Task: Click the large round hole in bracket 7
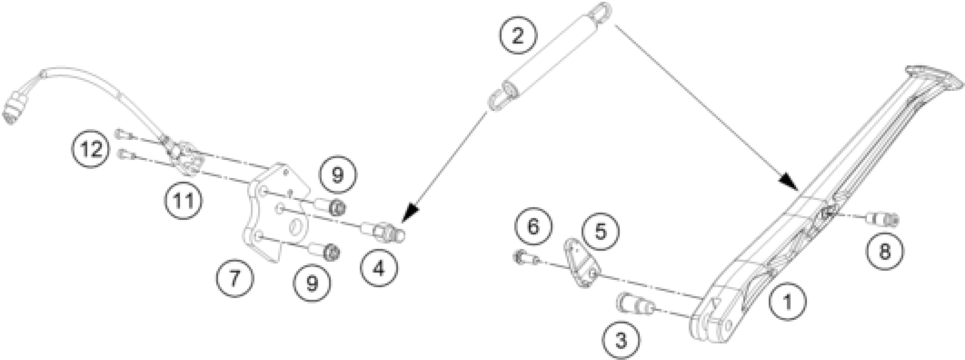(x=297, y=228)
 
